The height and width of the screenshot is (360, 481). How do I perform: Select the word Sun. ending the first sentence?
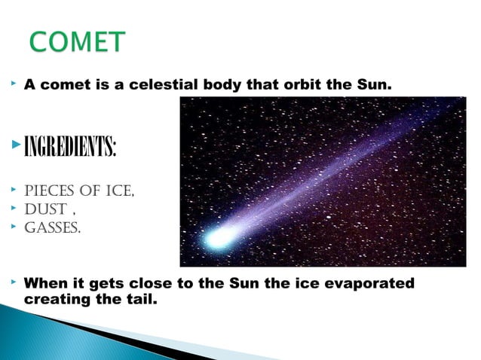[373, 86]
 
